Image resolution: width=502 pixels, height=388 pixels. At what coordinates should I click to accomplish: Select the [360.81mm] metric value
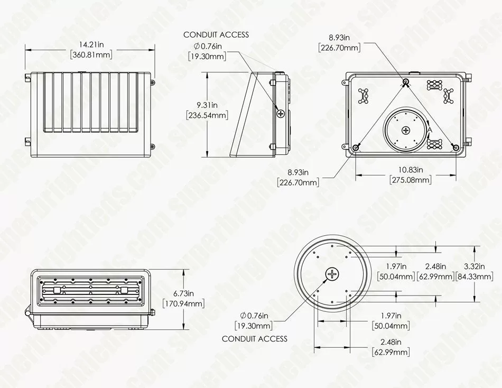coord(91,55)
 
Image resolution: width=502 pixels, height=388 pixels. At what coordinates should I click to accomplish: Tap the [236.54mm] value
coord(206,115)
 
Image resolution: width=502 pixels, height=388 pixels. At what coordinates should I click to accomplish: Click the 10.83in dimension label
coord(410,170)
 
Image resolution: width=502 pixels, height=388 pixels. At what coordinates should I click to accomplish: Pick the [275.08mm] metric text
coord(410,180)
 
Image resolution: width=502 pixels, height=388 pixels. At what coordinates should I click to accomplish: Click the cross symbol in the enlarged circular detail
coord(332,274)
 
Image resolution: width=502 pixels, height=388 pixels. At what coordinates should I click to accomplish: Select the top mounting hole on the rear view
coord(406,82)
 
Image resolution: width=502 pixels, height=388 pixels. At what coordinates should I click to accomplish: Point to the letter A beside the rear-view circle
coord(430,129)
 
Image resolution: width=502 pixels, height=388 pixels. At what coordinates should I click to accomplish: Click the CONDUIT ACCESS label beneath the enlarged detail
coord(254,339)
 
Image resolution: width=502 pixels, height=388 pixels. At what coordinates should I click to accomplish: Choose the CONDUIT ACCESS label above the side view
coord(216,35)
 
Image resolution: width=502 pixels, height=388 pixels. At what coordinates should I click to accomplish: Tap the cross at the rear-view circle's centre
coord(406,130)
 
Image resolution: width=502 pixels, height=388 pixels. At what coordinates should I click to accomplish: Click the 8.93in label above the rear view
coord(339,38)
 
